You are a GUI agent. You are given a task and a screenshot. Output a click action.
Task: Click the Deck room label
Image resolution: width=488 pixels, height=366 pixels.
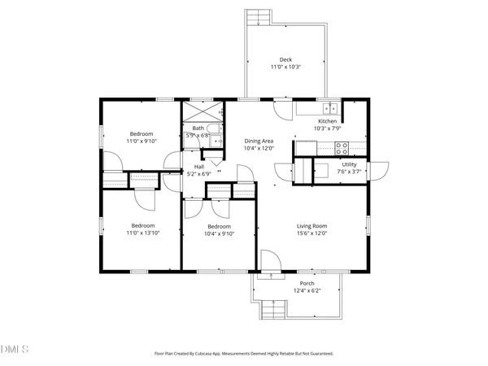point(285,59)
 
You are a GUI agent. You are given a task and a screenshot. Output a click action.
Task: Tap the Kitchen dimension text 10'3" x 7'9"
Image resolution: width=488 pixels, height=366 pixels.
point(328,129)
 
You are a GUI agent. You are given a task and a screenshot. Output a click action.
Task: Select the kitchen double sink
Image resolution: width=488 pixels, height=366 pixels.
point(330,109)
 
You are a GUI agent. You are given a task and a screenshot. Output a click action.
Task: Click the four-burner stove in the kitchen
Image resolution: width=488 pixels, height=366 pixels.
point(342,148)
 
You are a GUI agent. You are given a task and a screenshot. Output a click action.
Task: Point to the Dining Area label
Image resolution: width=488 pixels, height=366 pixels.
point(259,141)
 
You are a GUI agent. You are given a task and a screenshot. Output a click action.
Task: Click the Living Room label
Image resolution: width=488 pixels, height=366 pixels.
point(312,226)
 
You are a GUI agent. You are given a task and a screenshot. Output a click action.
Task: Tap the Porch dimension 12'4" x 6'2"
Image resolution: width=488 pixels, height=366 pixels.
point(307,290)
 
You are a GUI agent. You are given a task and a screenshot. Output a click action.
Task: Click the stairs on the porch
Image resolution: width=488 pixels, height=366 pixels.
point(273,310)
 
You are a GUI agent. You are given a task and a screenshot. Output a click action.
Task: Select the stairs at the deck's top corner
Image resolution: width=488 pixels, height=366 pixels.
point(259,17)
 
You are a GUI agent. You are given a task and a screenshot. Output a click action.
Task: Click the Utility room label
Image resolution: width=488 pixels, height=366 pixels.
point(349,164)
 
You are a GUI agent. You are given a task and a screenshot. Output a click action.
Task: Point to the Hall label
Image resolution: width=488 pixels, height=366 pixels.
point(199,167)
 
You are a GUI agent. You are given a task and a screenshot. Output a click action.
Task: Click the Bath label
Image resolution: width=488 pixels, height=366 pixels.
point(198,129)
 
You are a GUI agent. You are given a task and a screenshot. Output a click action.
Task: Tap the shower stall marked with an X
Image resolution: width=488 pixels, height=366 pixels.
point(203,111)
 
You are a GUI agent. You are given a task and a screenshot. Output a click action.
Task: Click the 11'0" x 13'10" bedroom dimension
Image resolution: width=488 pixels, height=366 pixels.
point(143,233)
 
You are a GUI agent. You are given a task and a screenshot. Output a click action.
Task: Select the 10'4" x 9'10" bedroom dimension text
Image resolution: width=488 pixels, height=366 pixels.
point(219,233)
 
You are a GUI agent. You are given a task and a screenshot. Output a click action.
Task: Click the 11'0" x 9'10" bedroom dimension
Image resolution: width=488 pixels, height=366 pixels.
point(142,141)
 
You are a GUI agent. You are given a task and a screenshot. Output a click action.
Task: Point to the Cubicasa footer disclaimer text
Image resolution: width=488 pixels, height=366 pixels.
point(244,354)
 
